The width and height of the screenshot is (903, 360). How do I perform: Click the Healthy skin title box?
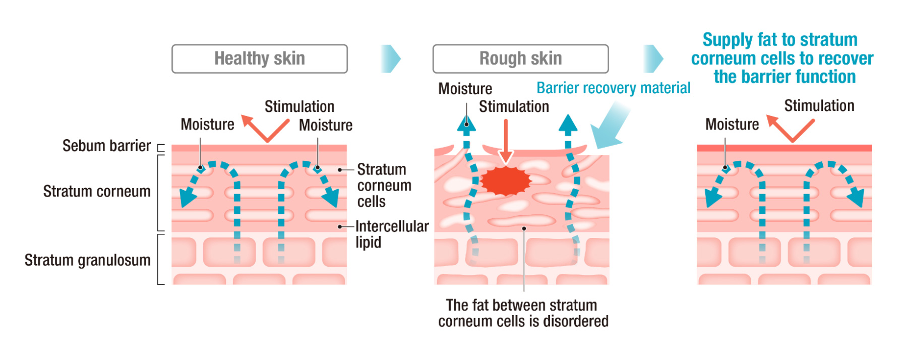click(259, 58)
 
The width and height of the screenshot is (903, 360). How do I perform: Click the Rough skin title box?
click(520, 58)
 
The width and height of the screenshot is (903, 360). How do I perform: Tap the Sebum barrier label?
click(106, 146)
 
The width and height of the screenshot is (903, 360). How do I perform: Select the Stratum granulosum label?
click(88, 260)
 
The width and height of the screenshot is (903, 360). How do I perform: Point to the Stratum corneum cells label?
click(384, 185)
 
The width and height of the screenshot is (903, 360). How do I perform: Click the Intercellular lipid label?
click(392, 234)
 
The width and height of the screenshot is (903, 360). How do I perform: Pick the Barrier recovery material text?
click(613, 88)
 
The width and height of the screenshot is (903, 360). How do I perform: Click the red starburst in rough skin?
click(506, 181)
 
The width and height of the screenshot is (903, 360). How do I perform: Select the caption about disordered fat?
click(523, 313)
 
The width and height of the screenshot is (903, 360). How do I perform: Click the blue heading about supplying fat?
click(782, 58)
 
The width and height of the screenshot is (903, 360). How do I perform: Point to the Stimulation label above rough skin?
click(514, 107)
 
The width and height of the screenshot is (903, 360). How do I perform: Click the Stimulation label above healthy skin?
click(299, 107)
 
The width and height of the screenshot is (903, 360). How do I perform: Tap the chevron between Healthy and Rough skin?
click(391, 58)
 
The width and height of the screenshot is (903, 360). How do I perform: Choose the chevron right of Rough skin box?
click(653, 58)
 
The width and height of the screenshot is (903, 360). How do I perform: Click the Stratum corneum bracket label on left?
click(97, 192)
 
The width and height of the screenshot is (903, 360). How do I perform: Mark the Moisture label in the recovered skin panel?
click(732, 125)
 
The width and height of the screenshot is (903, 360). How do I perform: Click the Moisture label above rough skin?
click(465, 89)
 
